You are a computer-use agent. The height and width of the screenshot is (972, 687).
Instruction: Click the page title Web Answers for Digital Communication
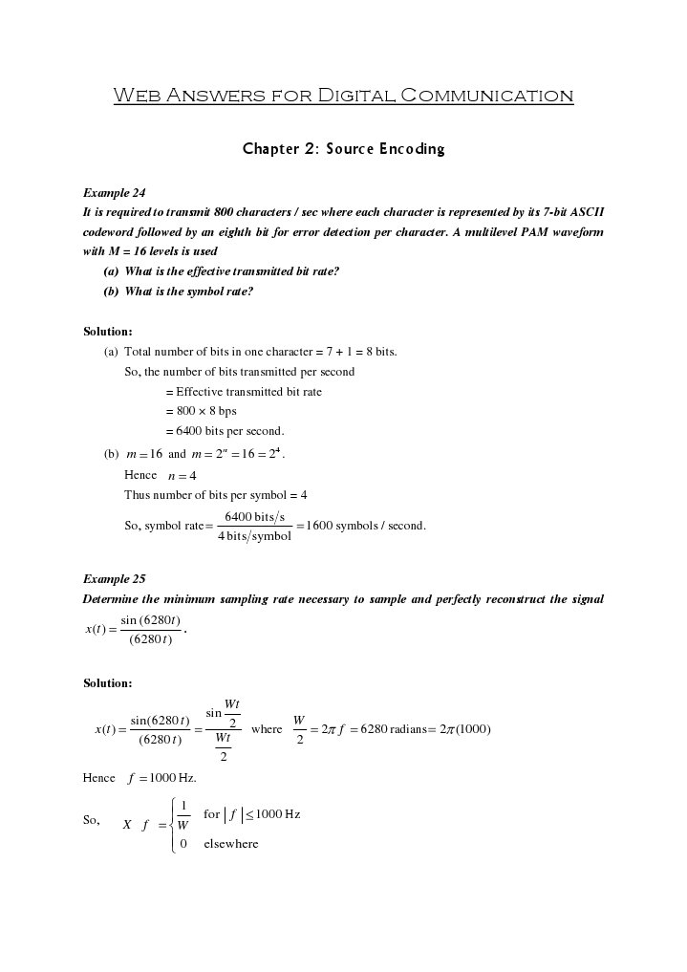(x=343, y=96)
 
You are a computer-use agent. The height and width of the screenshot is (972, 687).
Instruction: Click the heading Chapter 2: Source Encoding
(x=343, y=149)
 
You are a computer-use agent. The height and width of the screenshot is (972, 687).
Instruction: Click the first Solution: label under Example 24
(x=108, y=332)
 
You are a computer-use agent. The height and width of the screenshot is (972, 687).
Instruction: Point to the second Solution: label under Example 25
(x=108, y=683)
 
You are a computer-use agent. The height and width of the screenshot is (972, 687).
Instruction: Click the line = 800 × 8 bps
(x=201, y=411)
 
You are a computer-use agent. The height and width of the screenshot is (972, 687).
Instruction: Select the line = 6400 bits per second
(x=225, y=431)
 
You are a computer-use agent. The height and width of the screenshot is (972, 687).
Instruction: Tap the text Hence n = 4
(x=161, y=475)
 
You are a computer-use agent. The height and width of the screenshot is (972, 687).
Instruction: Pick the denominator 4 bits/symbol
(x=254, y=536)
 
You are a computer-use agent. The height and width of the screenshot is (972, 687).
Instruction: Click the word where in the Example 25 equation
(x=267, y=729)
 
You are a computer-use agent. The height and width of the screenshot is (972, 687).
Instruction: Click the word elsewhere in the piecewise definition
(x=231, y=844)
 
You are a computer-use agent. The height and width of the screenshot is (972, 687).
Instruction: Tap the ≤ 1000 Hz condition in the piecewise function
(x=268, y=814)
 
